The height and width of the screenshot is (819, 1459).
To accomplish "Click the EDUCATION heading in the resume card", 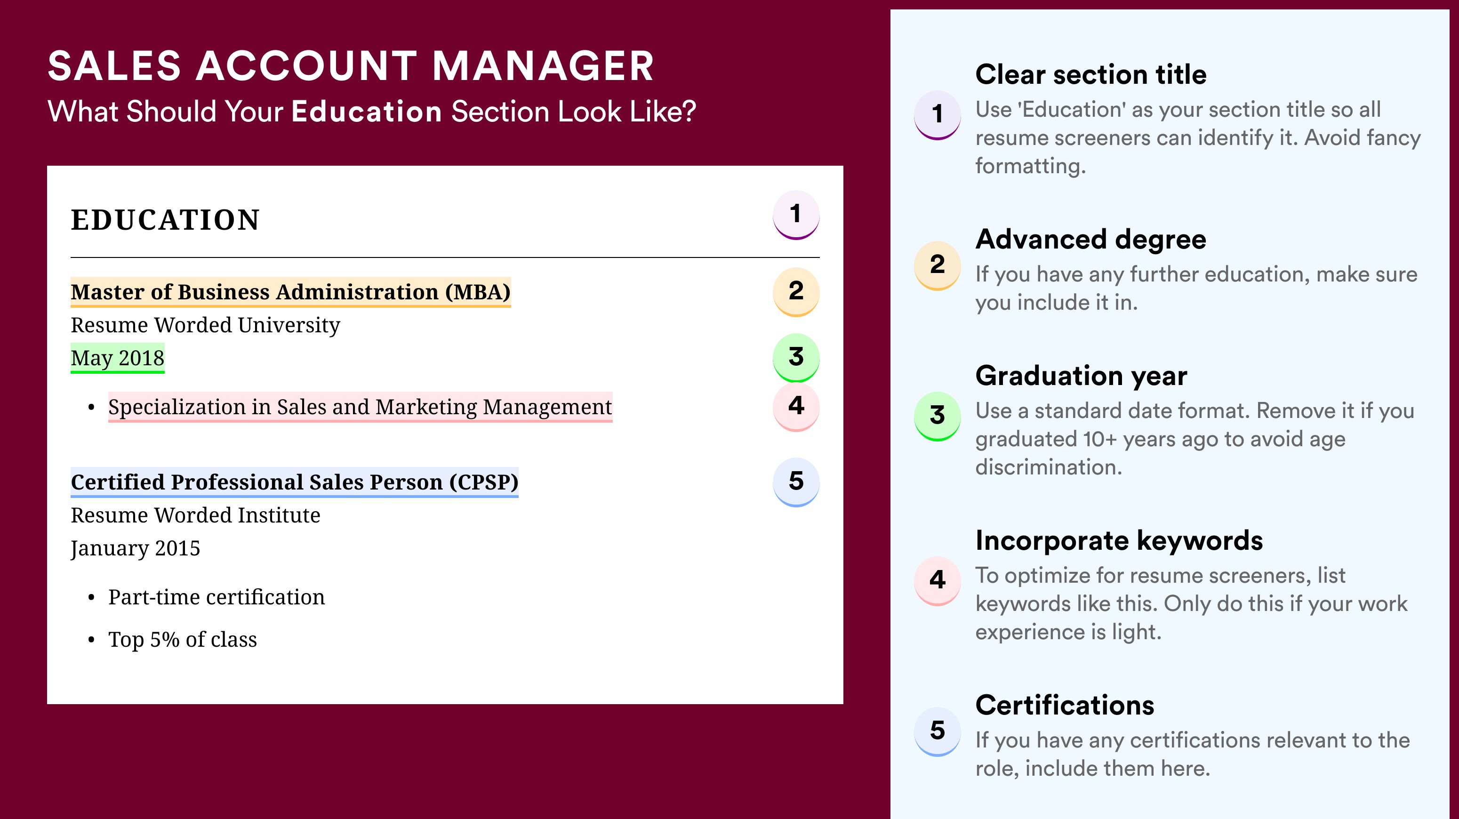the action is click(x=165, y=220).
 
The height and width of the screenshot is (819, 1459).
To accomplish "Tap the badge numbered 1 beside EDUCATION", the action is click(x=796, y=215).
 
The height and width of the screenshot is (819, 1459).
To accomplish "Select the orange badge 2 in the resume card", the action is click(x=796, y=292).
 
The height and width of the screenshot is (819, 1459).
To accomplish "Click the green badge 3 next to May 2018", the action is click(x=796, y=357).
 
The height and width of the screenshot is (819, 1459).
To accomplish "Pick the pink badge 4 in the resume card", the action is click(x=796, y=407).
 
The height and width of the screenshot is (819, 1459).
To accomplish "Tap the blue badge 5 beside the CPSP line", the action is click(x=796, y=482).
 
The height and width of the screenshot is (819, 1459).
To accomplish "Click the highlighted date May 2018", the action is click(x=117, y=358).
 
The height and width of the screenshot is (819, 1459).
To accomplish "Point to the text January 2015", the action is click(x=136, y=548).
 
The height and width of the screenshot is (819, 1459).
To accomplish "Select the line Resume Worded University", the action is click(x=206, y=325).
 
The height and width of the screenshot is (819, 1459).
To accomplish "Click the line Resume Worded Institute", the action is click(x=195, y=515).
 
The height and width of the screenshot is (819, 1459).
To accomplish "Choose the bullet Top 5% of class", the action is click(x=183, y=640).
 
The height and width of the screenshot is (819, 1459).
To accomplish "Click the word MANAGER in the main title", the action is click(x=543, y=66).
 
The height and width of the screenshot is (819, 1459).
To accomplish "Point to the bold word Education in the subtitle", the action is click(x=367, y=111).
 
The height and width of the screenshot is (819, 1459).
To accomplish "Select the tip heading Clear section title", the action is click(x=1091, y=74).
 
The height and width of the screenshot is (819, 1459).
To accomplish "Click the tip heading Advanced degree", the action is click(x=1091, y=240).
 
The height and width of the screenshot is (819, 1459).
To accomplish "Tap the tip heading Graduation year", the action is click(x=1081, y=376).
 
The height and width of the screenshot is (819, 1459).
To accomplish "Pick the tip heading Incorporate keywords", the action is click(x=1119, y=540).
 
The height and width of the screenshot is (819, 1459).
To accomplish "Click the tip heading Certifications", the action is click(x=1065, y=705).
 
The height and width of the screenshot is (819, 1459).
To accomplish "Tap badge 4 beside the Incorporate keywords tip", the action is click(x=938, y=580).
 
